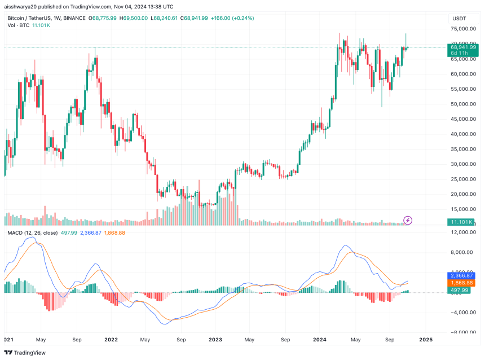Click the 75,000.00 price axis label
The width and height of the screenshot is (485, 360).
tap(463, 29)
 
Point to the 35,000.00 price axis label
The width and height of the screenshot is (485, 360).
tap(463, 149)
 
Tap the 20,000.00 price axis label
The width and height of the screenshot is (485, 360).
tap(463, 194)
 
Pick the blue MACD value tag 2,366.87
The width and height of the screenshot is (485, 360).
tap(461, 275)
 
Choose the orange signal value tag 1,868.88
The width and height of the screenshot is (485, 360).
tap(461, 283)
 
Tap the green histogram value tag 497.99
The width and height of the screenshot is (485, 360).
tap(459, 290)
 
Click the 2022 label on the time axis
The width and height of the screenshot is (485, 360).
tap(111, 340)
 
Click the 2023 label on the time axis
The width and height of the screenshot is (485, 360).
tap(215, 340)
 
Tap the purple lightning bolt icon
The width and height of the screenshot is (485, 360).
tap(409, 220)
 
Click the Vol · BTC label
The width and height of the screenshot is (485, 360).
tap(18, 27)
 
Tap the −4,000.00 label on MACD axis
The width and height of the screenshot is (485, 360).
tap(462, 312)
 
